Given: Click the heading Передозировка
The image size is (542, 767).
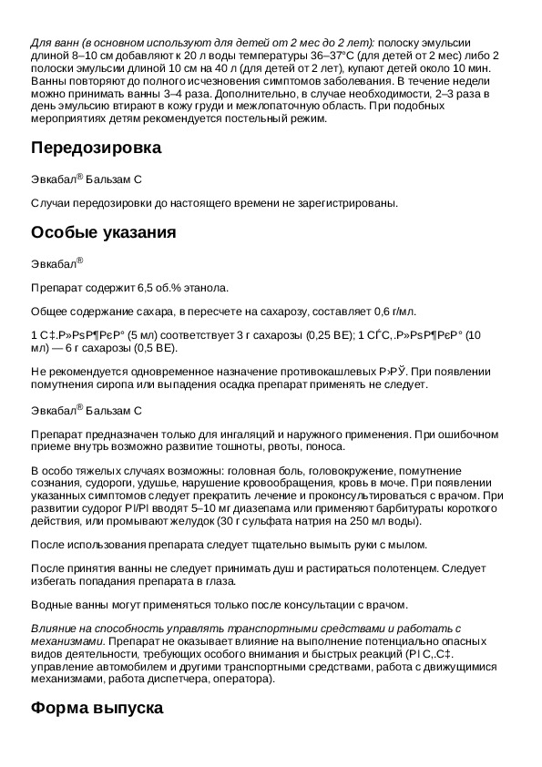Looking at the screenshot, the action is (97, 148).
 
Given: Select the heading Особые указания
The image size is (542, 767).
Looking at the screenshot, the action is (103, 232).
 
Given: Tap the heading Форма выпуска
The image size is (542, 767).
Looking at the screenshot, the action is (97, 707).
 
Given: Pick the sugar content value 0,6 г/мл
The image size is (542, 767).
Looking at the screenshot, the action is (393, 312).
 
